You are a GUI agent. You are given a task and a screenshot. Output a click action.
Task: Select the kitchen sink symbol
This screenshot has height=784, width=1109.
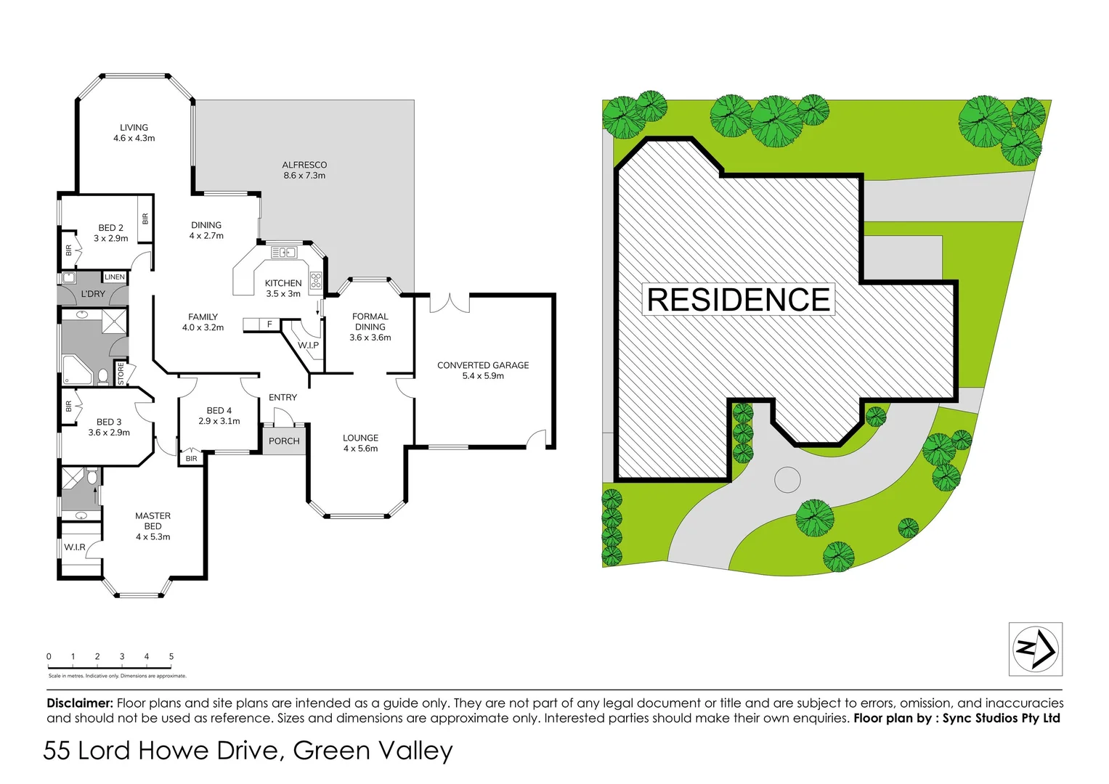[283, 253]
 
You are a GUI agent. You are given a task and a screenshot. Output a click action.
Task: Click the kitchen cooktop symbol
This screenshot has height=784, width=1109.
[316, 281]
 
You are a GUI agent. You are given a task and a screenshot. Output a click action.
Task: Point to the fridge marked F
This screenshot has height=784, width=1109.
[269, 324]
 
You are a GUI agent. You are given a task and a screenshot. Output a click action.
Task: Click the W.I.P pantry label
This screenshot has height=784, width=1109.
[308, 345]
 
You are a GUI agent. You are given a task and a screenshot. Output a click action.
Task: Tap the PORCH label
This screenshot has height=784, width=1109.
[284, 441]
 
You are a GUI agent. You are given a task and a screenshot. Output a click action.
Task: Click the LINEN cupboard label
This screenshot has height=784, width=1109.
[115, 277]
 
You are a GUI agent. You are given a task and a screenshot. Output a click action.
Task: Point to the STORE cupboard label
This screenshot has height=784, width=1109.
[121, 374]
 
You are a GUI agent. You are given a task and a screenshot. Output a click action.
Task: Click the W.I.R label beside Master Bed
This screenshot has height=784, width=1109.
[75, 547]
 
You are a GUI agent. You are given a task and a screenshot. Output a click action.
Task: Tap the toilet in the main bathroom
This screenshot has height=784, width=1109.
[103, 376]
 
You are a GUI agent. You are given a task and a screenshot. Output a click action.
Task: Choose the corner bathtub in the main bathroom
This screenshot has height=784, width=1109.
[76, 369]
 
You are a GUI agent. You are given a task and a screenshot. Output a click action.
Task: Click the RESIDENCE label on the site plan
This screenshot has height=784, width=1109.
[739, 299]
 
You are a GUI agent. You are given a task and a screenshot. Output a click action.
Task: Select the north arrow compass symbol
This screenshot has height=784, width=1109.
[1036, 649]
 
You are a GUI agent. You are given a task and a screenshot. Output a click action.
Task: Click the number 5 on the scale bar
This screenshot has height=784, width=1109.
[171, 656]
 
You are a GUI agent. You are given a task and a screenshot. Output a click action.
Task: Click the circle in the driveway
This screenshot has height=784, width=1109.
[787, 480]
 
